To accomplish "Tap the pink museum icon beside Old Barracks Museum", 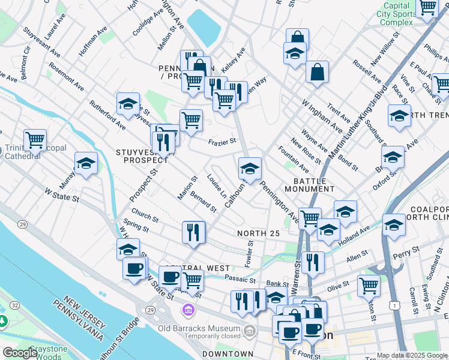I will tap(188, 309).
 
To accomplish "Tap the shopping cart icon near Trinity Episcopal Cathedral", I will tap(35, 140).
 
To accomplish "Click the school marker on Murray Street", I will tap(86, 163).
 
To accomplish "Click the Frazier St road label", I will tap(221, 142).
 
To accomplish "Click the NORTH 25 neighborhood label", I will tap(258, 233).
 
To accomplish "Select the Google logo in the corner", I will tap(20, 353).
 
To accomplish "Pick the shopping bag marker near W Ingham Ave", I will tap(317, 72).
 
